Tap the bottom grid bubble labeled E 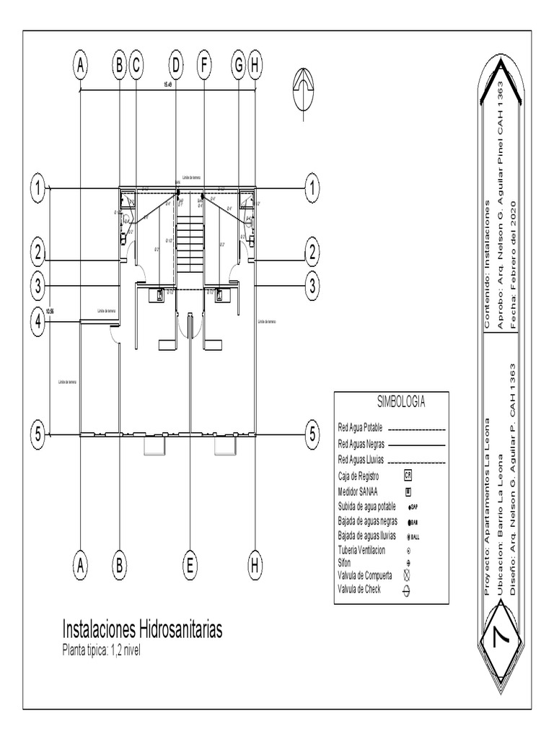point(190,566)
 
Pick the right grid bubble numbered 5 point(312,434)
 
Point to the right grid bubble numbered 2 point(312,253)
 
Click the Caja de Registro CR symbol point(408,476)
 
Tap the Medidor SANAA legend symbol point(408,492)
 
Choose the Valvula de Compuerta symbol point(407,575)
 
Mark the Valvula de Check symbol point(407,590)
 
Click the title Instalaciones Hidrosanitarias point(143,629)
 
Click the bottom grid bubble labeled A point(81,566)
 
